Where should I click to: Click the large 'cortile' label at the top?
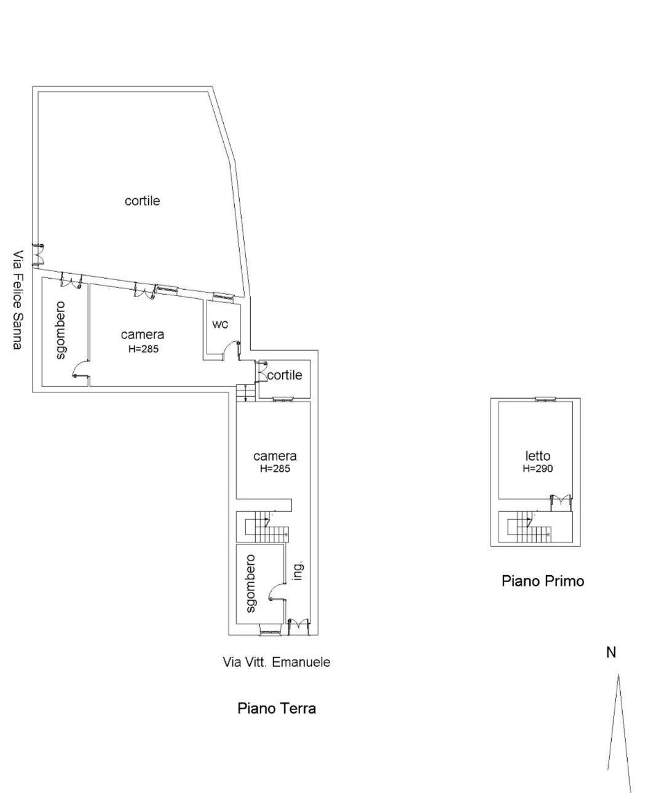142,201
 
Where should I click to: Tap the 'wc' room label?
220,324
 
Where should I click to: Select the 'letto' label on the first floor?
538,456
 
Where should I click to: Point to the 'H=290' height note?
538,468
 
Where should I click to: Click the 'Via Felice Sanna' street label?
18,300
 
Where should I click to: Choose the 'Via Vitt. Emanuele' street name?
276,662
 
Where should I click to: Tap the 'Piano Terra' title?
277,708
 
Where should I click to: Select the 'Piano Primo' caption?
543,580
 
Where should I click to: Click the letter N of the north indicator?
610,653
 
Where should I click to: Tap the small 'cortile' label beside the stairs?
284,375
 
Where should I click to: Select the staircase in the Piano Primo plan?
529,527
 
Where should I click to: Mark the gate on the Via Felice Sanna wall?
39,253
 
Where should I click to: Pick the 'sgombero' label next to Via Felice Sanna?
60,330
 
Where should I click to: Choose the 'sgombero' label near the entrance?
250,584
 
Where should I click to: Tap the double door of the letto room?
559,501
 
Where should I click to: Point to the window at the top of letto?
545,399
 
